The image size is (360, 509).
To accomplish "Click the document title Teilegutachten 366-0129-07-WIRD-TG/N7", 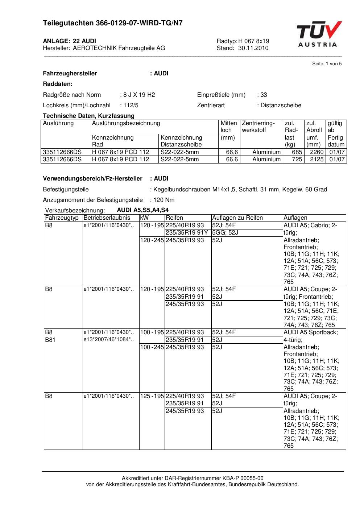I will (112, 23).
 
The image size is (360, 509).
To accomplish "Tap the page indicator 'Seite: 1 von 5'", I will (327, 64).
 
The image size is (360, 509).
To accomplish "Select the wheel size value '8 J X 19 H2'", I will (139, 95).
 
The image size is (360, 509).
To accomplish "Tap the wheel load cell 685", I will (297, 152).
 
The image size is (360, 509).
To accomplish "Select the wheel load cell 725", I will (297, 160).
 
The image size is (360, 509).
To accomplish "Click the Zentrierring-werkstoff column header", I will (258, 127).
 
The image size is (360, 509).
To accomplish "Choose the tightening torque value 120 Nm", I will (164, 200).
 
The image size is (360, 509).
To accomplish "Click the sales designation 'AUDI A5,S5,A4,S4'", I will (142, 210).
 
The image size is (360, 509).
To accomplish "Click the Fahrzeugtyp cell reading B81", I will (50, 340).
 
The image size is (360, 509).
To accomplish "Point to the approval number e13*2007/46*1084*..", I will (108, 340).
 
